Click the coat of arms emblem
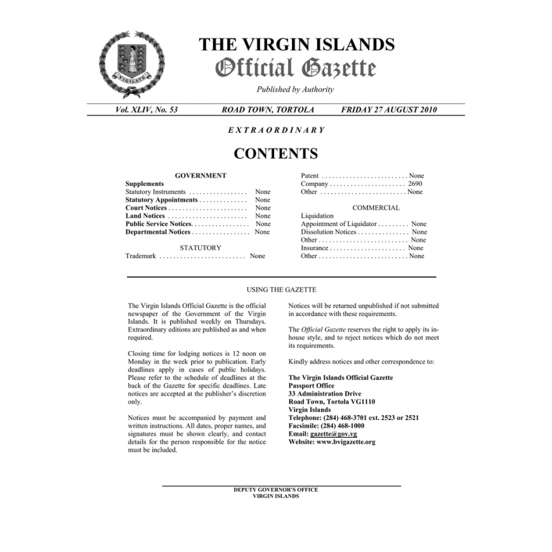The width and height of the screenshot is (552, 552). pos(131,63)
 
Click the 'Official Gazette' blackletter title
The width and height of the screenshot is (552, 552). pos(296,68)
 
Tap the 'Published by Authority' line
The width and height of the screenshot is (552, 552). pos(295,89)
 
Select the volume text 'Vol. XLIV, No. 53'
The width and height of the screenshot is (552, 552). pos(147,110)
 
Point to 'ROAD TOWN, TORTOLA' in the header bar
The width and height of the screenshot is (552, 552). pos(268,110)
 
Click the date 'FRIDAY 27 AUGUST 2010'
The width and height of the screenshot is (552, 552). pos(389,110)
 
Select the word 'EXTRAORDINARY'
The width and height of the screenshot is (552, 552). pos(276,130)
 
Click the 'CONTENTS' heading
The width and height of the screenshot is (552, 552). pos(276,154)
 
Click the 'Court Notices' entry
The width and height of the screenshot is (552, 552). pos(147,208)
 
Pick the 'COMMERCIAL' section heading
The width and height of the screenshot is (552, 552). pos(376,207)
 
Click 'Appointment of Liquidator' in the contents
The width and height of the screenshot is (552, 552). pos(339,224)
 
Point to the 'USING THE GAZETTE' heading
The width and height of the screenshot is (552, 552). pos(281,290)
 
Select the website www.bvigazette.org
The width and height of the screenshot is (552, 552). pos(345,442)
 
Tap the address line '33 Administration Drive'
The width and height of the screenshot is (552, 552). pos(325,394)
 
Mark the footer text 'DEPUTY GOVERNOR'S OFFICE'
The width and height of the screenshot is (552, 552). pos(275,490)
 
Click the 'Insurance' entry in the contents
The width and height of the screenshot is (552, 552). pos(315,248)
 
